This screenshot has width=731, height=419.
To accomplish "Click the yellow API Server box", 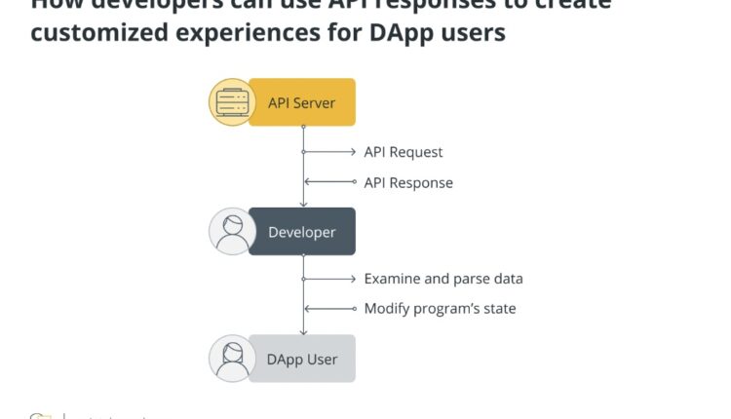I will click(x=302, y=102).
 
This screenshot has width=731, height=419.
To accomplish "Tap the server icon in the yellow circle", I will click(x=232, y=102).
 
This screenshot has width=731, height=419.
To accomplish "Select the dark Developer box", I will click(x=302, y=232).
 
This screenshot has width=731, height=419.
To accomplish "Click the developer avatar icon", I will click(x=232, y=232).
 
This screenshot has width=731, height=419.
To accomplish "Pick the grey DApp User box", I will click(x=302, y=359).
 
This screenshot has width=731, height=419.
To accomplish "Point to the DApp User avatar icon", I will click(x=232, y=359).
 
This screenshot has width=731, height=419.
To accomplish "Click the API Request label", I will click(x=403, y=152).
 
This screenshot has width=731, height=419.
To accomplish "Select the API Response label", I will click(x=407, y=182).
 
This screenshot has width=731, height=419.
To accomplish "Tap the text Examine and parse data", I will click(x=442, y=279).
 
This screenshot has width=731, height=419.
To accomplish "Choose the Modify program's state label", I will click(x=440, y=309).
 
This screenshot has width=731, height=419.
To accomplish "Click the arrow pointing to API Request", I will click(x=330, y=152).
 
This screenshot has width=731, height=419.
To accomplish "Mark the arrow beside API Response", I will click(x=330, y=182).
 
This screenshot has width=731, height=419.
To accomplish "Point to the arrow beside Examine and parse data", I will click(x=330, y=279).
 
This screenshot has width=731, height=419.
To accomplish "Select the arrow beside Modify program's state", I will click(x=330, y=309).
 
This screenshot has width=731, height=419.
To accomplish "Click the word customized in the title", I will click(x=94, y=32).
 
